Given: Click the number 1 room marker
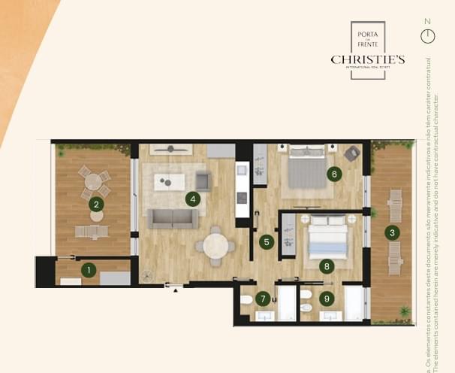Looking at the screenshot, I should pyautogui.click(x=89, y=269).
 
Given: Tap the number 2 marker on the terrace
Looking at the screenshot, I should pyautogui.click(x=95, y=203).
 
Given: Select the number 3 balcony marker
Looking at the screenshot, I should pyautogui.click(x=391, y=232).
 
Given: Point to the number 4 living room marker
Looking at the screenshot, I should pyautogui.click(x=194, y=199).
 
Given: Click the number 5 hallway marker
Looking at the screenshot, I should pyautogui.click(x=267, y=242).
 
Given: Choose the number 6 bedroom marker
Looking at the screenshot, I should pyautogui.click(x=335, y=174).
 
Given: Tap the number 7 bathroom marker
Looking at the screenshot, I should pyautogui.click(x=262, y=299).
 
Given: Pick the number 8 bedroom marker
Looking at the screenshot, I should pyautogui.click(x=326, y=265).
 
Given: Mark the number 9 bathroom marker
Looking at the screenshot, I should pyautogui.click(x=326, y=299).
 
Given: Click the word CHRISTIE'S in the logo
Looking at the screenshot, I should pyautogui.click(x=368, y=59).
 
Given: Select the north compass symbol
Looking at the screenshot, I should pyautogui.click(x=428, y=35).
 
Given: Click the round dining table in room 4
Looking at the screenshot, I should pyautogui.click(x=215, y=245).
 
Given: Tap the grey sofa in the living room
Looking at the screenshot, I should pyautogui.click(x=172, y=218).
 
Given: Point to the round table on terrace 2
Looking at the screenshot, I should pyautogui.click(x=94, y=181).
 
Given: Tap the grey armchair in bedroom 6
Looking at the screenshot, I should pyautogui.click(x=351, y=153).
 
